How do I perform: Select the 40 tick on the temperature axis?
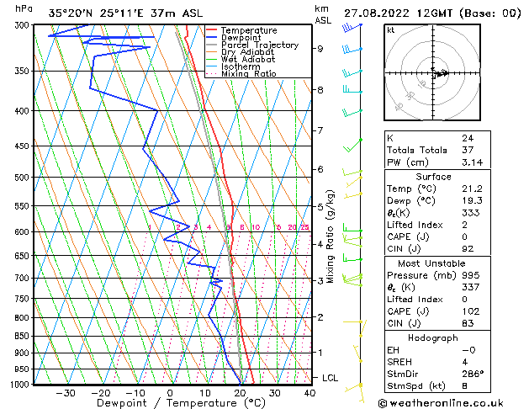(x=309, y=393)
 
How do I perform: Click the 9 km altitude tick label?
(x=320, y=48)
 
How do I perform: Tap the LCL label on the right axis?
(x=330, y=379)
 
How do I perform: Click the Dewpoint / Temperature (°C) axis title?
(x=168, y=403)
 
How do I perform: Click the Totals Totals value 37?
(x=467, y=150)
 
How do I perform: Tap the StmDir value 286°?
(x=473, y=374)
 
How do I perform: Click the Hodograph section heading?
(x=433, y=337)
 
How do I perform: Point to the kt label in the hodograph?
(x=391, y=30)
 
